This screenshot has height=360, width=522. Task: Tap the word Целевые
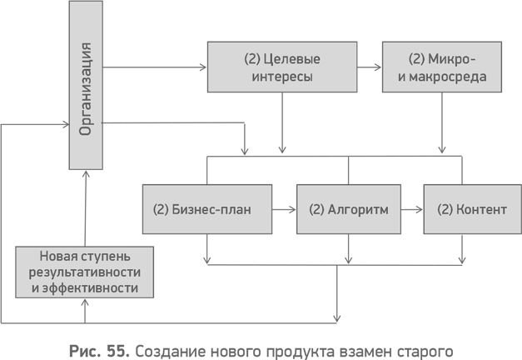point(291,59)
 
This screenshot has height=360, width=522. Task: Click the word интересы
point(281,77)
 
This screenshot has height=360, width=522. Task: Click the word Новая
point(58,256)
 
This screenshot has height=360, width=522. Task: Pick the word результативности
point(84,272)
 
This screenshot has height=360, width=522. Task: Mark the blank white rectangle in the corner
point(490,328)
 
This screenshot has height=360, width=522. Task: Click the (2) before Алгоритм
point(316,209)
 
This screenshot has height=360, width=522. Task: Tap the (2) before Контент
point(445,209)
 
